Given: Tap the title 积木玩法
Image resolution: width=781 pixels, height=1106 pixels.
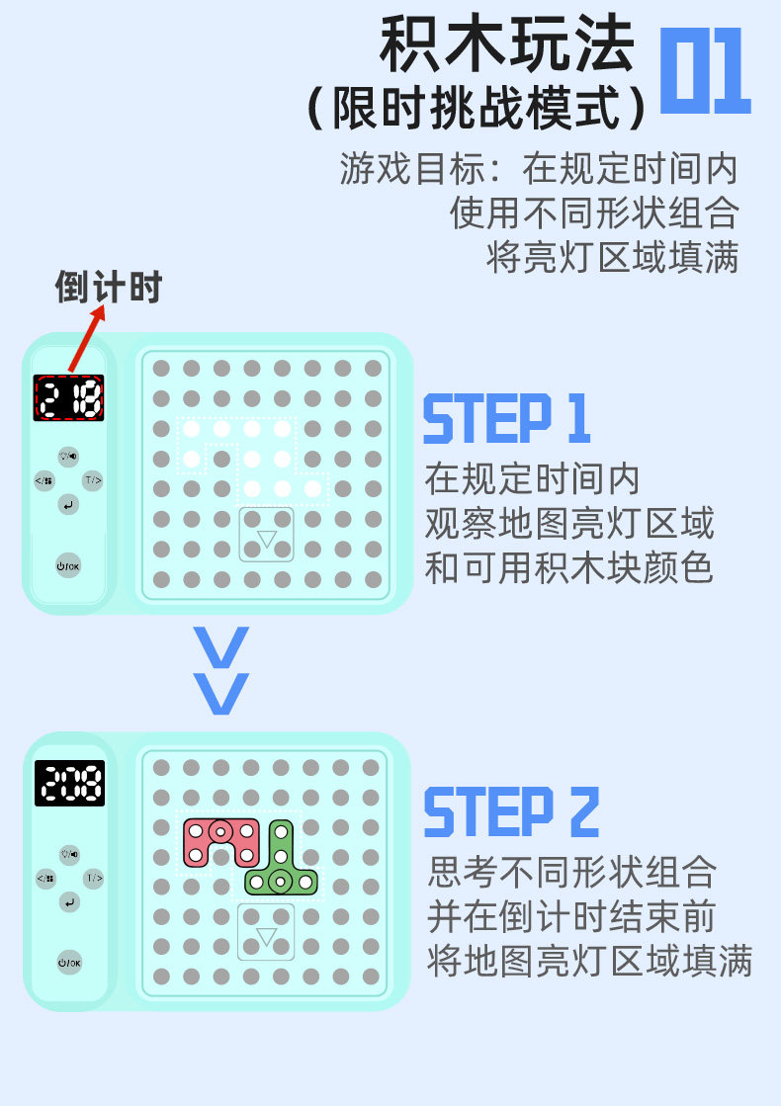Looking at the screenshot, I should (506, 44).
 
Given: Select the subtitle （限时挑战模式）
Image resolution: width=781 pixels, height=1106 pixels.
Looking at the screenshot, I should (478, 107).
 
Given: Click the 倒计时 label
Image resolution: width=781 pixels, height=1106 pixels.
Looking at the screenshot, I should (108, 288).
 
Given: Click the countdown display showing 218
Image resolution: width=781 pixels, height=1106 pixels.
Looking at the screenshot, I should (68, 398).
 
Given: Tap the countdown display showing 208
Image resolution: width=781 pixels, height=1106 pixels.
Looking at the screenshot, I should (69, 784).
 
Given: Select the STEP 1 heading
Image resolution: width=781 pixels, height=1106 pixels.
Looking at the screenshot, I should (506, 419).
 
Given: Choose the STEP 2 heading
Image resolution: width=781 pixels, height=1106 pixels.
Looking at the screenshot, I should (511, 812).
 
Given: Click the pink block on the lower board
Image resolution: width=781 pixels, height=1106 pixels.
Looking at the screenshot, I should (219, 837).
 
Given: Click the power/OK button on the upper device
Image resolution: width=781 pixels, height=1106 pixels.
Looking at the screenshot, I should (68, 564).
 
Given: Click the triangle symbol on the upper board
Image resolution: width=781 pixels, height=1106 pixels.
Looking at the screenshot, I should (267, 539).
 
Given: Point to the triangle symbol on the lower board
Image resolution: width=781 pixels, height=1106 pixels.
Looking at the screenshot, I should (266, 935).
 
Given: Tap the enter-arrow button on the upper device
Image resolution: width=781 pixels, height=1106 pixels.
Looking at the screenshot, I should (67, 506).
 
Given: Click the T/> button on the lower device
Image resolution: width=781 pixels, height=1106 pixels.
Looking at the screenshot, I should (93, 878).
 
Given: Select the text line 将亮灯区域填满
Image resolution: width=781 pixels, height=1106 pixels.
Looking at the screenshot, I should (613, 257).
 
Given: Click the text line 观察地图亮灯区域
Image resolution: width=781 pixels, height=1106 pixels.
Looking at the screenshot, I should (569, 524).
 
